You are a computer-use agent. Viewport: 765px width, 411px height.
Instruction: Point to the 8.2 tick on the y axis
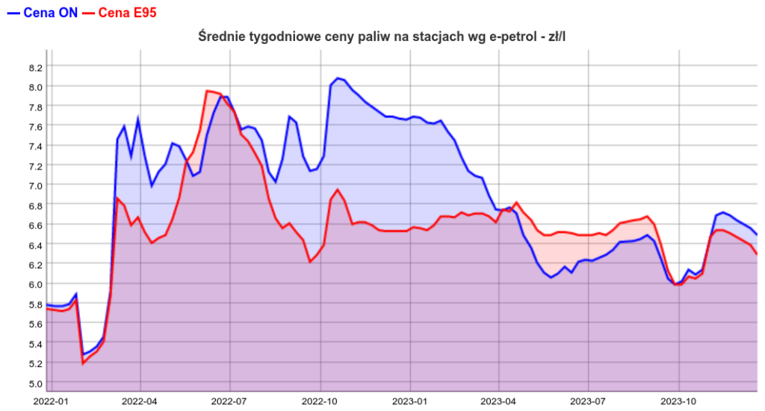point(36,67)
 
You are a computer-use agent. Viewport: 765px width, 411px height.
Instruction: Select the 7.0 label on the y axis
point(36,185)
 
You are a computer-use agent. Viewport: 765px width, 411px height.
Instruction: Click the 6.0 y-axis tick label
point(36,284)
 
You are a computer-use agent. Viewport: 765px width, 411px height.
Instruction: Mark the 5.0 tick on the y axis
point(36,383)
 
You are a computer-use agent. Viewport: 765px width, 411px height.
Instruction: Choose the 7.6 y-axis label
point(36,126)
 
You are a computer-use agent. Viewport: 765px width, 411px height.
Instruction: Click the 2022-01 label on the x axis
point(50,401)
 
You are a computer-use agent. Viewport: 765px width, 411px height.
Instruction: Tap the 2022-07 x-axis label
point(231,401)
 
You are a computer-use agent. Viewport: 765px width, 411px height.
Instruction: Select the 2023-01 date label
point(412,401)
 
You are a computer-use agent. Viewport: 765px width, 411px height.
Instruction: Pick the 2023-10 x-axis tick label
point(679,401)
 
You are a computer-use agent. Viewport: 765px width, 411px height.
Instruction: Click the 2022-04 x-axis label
point(141,401)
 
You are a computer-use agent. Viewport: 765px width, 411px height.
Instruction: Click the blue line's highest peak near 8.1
point(338,78)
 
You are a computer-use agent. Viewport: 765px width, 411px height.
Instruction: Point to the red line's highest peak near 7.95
point(207,91)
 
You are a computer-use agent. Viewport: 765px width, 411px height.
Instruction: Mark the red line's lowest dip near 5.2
point(83,364)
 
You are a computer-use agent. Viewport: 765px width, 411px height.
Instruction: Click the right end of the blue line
point(757,235)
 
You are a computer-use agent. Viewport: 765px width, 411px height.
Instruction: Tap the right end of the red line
point(757,254)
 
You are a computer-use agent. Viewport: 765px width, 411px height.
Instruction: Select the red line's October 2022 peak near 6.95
point(338,190)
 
